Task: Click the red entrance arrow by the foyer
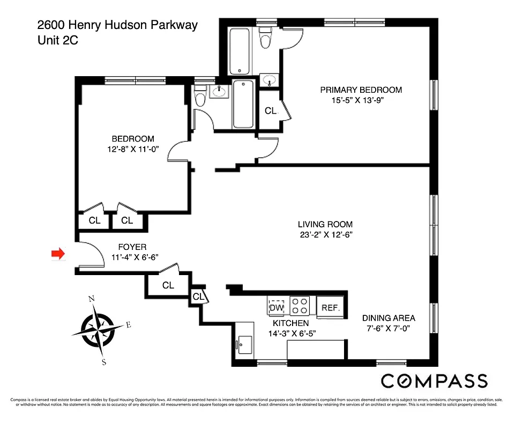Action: [57, 253]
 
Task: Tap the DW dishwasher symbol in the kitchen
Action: [277, 308]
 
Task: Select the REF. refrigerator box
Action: [331, 308]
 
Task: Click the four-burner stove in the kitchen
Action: [300, 306]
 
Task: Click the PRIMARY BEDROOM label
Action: [361, 90]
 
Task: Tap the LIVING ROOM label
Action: [325, 224]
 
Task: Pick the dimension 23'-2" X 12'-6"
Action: [326, 234]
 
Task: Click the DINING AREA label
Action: [389, 317]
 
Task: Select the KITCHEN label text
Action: [290, 323]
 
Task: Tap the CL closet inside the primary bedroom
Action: [271, 111]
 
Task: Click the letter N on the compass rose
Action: [92, 299]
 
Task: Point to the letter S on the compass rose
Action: [104, 362]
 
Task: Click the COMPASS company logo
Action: [434, 381]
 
